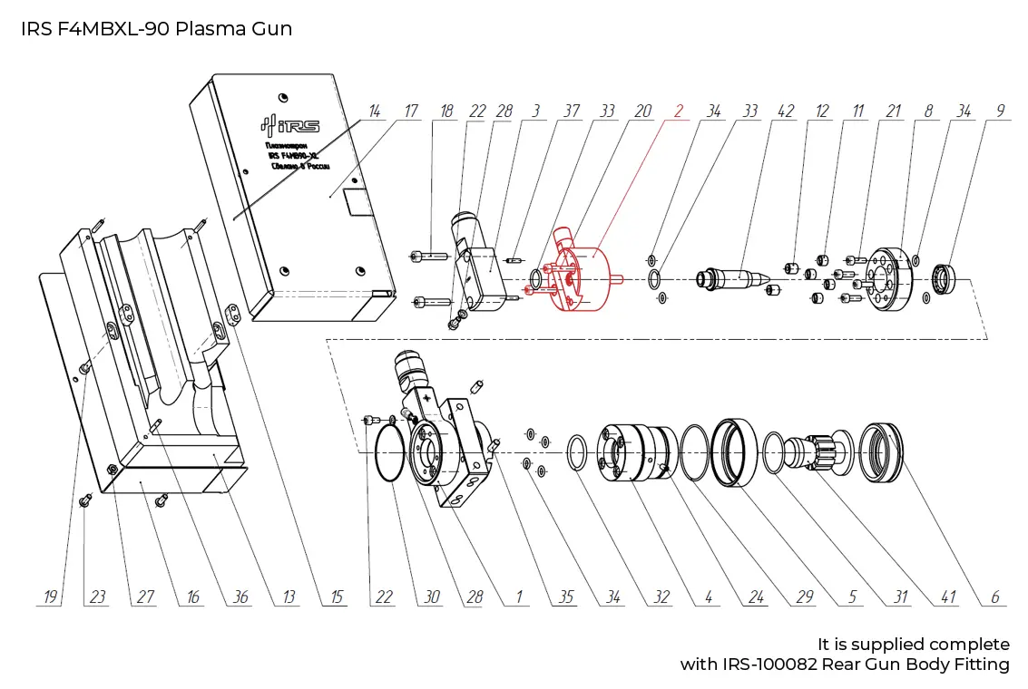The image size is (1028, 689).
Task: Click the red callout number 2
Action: point(678,111)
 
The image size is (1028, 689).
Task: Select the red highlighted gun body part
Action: point(581,277)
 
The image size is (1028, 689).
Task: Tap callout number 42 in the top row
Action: point(786,111)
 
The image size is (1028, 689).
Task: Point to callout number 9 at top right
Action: point(1000,111)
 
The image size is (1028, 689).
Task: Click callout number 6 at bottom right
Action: point(994,597)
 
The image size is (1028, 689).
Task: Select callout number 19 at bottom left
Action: point(51,597)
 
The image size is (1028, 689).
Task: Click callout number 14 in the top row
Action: point(373,111)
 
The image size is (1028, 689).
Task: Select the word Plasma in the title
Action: point(202,28)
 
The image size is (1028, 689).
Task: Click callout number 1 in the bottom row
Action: point(519,597)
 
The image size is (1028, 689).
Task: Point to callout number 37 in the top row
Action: point(571,111)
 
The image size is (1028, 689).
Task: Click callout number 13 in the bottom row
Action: point(289,597)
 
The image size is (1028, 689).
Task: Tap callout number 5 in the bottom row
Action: point(853,597)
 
